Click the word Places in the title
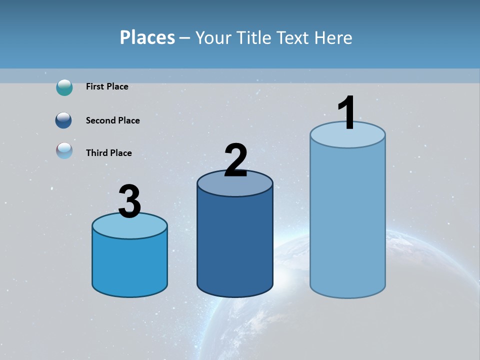tap(147, 37)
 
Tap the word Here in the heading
tap(333, 37)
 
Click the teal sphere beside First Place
tap(64, 87)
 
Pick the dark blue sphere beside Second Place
tap(63, 120)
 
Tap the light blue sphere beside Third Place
tap(64, 150)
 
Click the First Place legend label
tap(107, 86)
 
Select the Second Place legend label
tap(112, 120)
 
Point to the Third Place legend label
tap(108, 153)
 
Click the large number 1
tap(347, 113)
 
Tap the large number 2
tap(236, 160)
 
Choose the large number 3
tap(130, 201)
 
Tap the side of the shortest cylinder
tap(130, 265)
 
